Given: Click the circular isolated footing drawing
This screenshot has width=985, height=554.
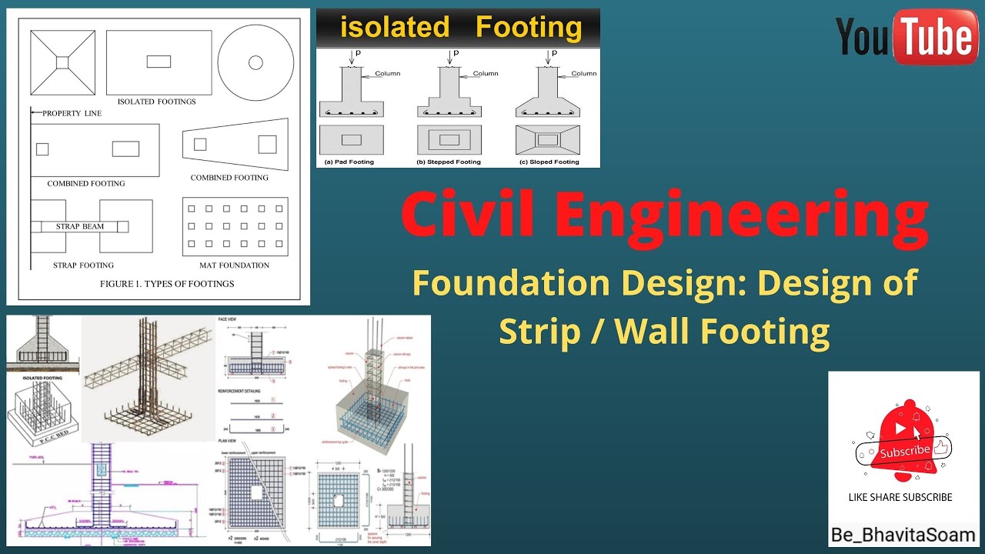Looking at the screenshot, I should click(255, 61).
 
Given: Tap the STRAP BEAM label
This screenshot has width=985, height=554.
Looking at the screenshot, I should click(80, 227).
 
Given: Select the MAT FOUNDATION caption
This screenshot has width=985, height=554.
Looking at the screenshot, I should click(235, 265).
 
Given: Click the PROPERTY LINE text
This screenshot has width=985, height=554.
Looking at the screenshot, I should click(72, 114).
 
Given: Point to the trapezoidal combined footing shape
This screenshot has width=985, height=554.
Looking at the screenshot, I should click(235, 144).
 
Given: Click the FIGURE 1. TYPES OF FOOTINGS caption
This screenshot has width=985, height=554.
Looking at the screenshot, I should click(167, 284).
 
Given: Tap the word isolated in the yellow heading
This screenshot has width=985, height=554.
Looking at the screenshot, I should click(395, 28).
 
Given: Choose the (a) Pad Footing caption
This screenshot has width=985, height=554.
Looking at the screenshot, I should click(348, 162).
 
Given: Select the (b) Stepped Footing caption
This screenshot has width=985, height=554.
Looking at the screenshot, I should click(449, 162).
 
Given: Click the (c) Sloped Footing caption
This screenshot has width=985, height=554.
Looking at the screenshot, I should click(547, 162).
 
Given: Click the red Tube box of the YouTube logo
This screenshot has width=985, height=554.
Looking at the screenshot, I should click(933, 38).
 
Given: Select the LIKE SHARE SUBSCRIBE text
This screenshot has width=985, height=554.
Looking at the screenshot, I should click(900, 497).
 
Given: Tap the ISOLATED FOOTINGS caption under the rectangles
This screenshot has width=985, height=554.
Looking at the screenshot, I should click(157, 102).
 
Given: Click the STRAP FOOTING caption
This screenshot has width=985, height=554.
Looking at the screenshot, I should click(83, 265).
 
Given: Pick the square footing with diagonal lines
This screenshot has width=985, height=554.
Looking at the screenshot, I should click(63, 61).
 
